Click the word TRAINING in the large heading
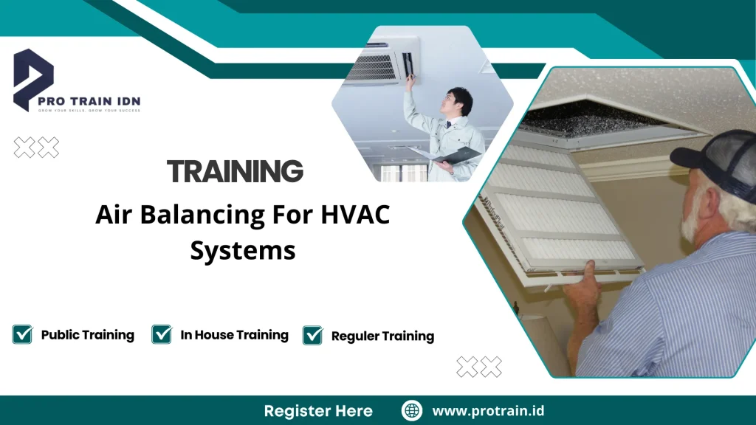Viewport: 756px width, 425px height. [235, 171]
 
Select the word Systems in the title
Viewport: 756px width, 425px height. [243, 250]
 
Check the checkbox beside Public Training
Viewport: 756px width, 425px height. [22, 334]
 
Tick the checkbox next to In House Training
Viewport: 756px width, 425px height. [162, 334]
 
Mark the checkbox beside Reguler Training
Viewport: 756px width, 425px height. [313, 336]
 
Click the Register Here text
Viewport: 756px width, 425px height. [318, 411]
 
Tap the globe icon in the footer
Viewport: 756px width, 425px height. [411, 411]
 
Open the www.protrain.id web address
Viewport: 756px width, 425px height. [488, 411]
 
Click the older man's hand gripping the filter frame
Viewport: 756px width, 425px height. [584, 285]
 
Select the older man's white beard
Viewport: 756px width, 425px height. [690, 214]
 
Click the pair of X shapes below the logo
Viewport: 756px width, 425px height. [37, 148]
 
